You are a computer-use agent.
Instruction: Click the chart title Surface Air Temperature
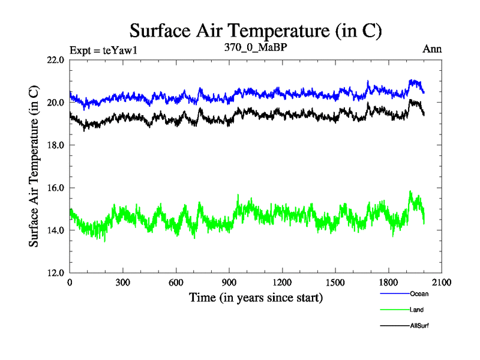point(256,31)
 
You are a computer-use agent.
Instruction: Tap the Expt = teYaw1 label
point(104,50)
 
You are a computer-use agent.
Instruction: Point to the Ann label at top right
point(432,49)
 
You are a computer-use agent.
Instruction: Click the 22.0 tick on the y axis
point(56,60)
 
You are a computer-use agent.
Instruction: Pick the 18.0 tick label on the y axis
point(56,145)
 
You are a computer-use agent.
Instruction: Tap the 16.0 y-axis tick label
point(56,188)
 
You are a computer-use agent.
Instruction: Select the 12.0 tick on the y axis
point(56,273)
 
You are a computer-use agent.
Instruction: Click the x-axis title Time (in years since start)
point(256,298)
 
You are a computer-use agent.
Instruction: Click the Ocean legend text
point(419,294)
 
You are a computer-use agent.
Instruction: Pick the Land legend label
point(417,310)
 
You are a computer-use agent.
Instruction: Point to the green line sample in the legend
point(394,310)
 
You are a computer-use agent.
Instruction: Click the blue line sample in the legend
point(394,294)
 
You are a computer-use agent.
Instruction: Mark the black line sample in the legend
point(394,325)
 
